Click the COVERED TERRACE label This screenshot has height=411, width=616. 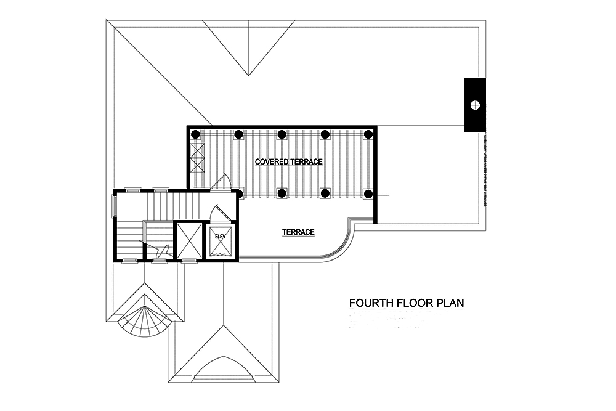(x=289, y=161)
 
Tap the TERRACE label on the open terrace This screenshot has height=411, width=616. (x=299, y=232)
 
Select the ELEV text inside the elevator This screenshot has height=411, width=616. (x=221, y=235)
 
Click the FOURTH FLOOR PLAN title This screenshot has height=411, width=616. (x=406, y=303)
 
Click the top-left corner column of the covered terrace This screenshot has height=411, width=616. (x=195, y=134)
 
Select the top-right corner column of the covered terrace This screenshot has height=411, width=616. (x=368, y=134)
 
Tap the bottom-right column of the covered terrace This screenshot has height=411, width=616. (x=368, y=193)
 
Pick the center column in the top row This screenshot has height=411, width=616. (x=282, y=134)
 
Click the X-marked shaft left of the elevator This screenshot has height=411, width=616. (x=188, y=240)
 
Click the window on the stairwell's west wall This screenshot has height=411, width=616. (x=113, y=206)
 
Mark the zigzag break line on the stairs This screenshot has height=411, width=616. (x=163, y=250)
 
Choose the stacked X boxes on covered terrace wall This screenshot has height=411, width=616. (x=197, y=157)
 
